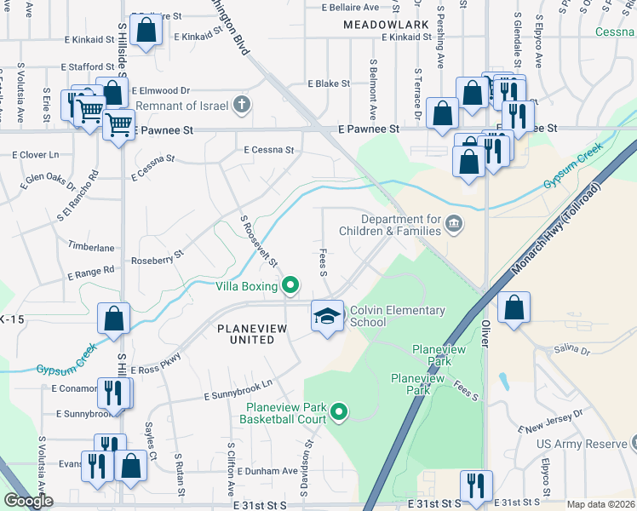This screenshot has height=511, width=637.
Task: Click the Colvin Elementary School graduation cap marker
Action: pyautogui.click(x=328, y=316)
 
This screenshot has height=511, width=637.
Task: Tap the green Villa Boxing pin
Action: pyautogui.click(x=290, y=285)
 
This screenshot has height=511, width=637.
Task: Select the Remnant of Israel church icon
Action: pyautogui.click(x=242, y=106)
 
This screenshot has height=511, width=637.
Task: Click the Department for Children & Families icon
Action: pyautogui.click(x=454, y=224)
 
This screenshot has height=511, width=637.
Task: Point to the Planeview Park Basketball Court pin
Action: pyautogui.click(x=339, y=413)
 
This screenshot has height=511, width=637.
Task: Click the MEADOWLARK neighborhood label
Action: pyautogui.click(x=386, y=26)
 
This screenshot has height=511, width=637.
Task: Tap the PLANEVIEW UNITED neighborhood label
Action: pyautogui.click(x=245, y=333)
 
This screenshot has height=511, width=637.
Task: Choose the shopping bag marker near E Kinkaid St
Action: pyautogui.click(x=146, y=30)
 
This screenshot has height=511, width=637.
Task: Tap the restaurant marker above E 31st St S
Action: pyautogui.click(x=473, y=486)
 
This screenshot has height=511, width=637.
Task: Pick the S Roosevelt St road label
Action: pyautogui.click(x=261, y=245)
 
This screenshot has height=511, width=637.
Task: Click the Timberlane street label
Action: pyautogui.click(x=92, y=247)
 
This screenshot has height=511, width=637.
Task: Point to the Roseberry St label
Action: pyautogui.click(x=157, y=256)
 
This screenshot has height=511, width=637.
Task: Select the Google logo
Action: pyautogui.click(x=28, y=501)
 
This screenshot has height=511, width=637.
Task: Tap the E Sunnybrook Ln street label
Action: pyautogui.click(x=238, y=390)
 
